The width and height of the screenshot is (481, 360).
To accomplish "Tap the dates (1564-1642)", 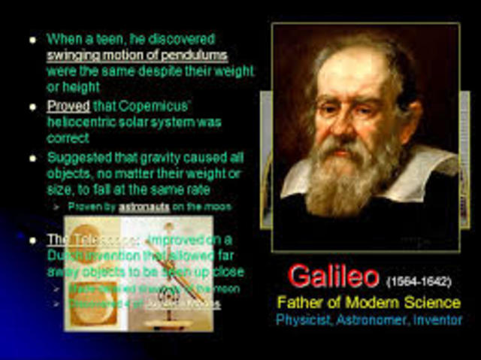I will tap(419, 282).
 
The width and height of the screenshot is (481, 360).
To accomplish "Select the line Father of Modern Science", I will tap(368, 303).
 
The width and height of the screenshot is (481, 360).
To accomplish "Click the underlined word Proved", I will tap(68, 106).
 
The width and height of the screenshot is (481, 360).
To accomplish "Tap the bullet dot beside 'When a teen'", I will tap(32, 38).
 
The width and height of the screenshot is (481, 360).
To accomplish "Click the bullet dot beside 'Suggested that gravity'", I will tap(32, 158).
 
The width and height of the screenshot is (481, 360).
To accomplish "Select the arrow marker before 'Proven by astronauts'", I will tap(56, 206).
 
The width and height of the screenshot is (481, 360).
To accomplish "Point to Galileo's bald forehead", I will tap(353, 64).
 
